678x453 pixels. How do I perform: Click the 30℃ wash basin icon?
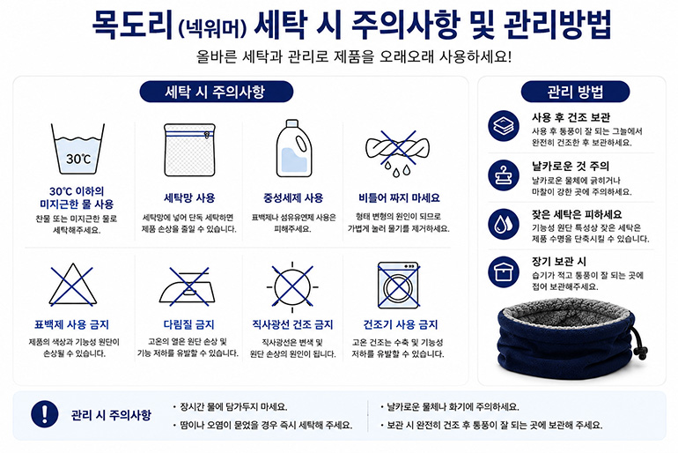(x=77, y=149)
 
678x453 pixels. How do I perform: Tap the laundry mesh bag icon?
(x=189, y=150)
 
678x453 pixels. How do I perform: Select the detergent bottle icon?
(x=293, y=148)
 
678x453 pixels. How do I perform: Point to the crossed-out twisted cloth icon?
(x=397, y=152)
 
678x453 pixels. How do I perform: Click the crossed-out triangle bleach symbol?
(x=72, y=285)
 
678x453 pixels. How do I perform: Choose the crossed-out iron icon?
(x=188, y=286)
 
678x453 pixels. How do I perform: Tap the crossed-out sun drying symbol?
(x=292, y=286)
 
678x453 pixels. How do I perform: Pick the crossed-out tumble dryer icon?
(x=398, y=286)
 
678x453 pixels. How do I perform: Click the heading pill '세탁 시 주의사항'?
(x=217, y=92)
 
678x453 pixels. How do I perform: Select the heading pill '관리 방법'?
(x=575, y=92)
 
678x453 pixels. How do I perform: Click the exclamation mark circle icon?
(x=45, y=414)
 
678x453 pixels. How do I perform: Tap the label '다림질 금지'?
(x=188, y=324)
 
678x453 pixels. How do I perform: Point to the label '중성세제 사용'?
(x=293, y=198)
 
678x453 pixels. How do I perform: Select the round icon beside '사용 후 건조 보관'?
(x=504, y=125)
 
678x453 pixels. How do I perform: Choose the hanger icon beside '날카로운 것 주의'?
(x=504, y=175)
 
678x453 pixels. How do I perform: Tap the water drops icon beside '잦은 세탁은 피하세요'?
(x=504, y=224)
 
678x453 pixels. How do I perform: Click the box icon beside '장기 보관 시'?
(x=504, y=271)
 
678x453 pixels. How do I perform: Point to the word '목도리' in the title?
(x=133, y=25)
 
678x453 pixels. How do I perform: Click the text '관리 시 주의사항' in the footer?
(x=111, y=415)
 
